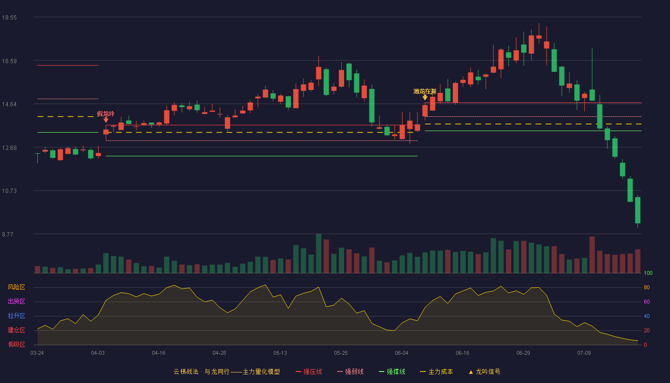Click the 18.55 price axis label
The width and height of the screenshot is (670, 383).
coord(9,18)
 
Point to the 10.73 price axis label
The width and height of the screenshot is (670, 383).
coord(9,191)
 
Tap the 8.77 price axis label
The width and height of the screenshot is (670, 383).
coord(8,235)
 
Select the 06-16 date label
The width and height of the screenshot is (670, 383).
coord(462,353)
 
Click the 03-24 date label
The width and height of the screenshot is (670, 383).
coord(37,353)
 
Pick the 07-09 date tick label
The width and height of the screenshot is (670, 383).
coord(584,353)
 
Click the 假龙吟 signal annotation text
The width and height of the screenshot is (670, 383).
coord(106,114)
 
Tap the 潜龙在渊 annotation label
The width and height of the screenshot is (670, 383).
coord(425,91)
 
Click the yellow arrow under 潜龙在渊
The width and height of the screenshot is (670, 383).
coord(425,98)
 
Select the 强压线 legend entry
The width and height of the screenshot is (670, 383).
coord(309,372)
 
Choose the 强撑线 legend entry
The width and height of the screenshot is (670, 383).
coord(392,372)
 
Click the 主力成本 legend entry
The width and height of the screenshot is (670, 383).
coord(436,372)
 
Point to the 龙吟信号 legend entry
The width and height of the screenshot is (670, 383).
coord(484,372)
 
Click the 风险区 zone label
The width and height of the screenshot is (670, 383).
coord(16,287)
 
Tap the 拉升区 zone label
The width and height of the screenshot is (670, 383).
coord(16,315)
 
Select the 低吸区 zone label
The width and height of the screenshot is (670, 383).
coord(16,344)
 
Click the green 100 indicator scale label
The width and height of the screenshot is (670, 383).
coord(648,273)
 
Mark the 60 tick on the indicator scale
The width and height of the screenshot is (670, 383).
coord(647,302)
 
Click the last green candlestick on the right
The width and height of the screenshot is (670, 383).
coord(637,210)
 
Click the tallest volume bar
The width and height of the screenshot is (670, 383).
coord(319,253)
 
